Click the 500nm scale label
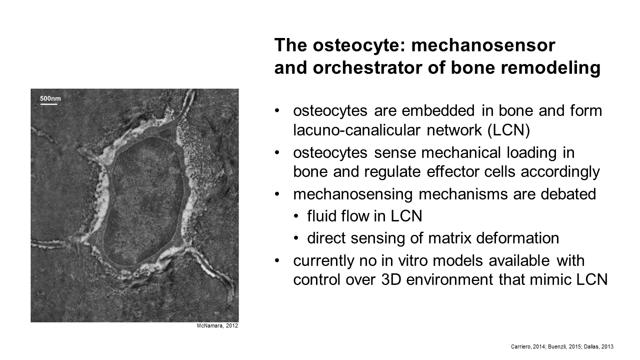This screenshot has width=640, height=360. (50, 98)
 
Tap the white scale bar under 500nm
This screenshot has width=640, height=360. (49, 104)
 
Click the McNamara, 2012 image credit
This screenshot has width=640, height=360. (217, 325)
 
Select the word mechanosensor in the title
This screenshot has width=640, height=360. (483, 45)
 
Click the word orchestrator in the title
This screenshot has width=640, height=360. (367, 68)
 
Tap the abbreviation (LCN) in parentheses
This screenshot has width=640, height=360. (508, 130)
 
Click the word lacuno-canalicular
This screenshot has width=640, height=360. (356, 130)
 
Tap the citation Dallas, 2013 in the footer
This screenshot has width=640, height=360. (598, 347)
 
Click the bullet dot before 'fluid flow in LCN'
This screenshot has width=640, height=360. (296, 216)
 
